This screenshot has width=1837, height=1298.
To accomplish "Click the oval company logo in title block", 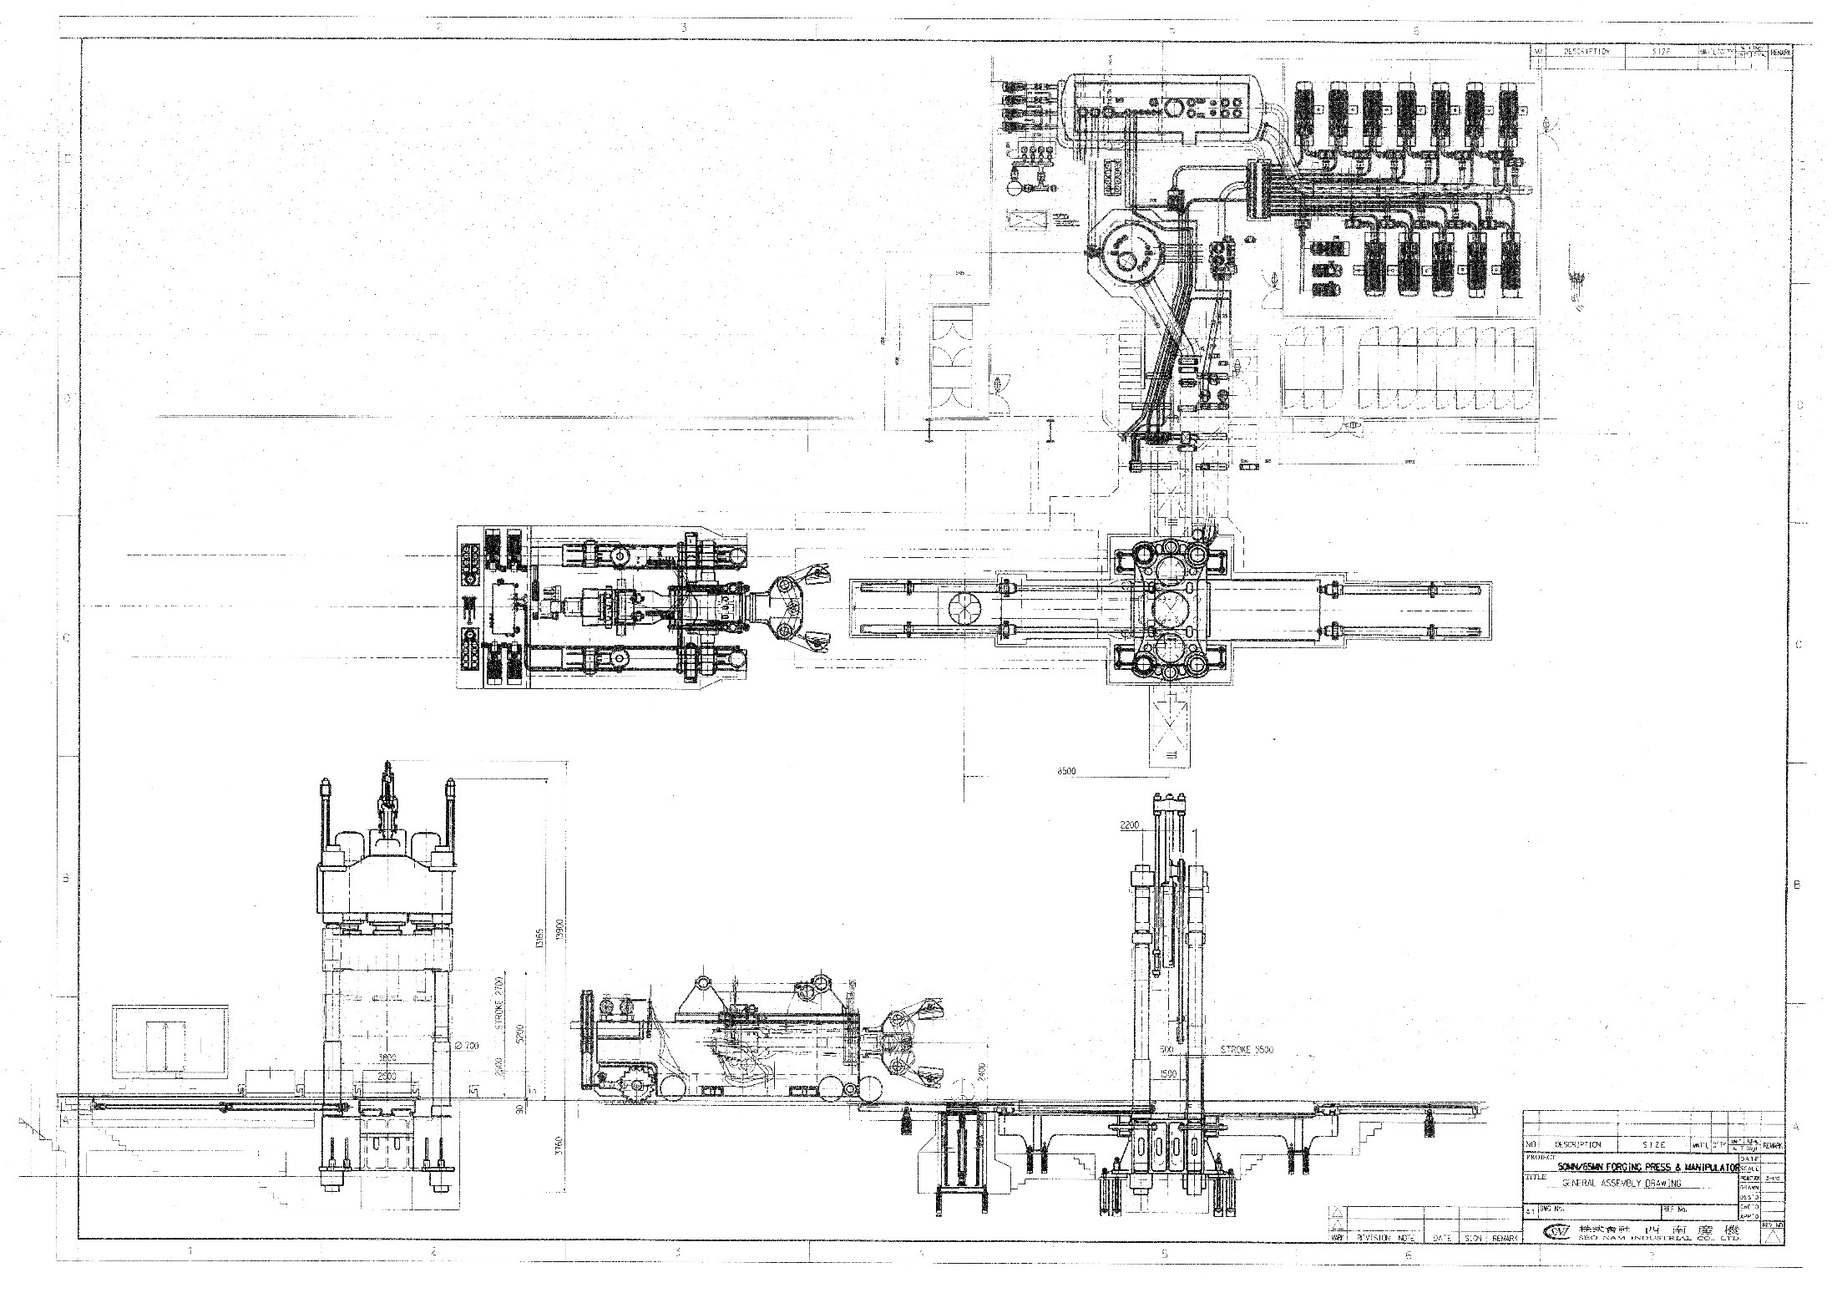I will coord(1557,1231).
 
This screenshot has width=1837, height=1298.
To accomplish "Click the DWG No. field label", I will coord(1551,1208).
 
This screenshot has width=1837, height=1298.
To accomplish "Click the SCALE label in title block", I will coord(1749,1168).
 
